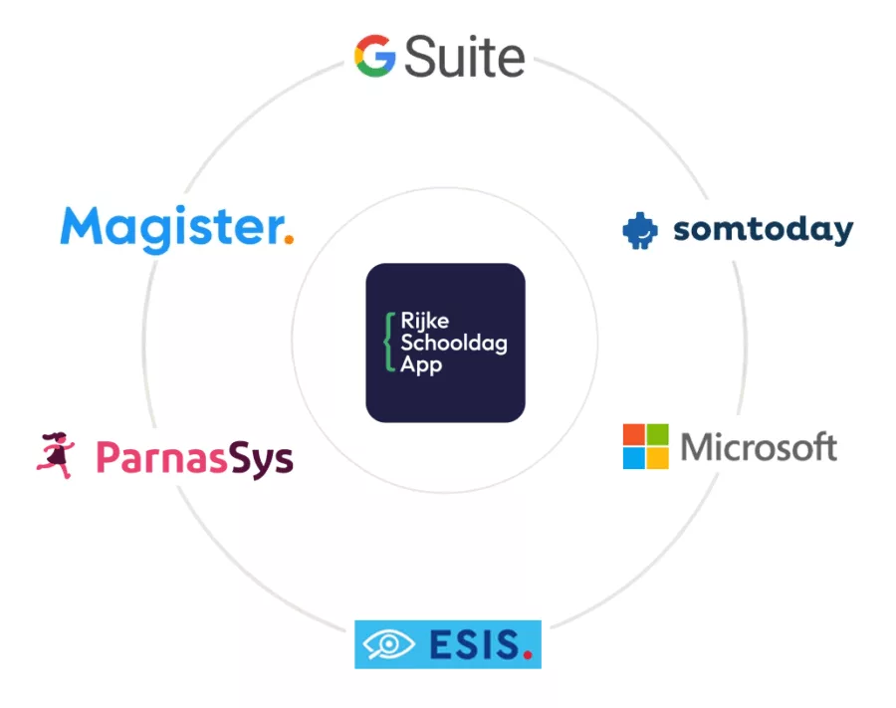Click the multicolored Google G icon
click(x=375, y=56)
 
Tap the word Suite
click(x=465, y=56)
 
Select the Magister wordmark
click(x=172, y=229)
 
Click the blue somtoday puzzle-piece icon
click(x=640, y=231)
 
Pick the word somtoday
click(x=764, y=230)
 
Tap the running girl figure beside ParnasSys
click(x=56, y=455)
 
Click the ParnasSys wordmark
click(x=194, y=458)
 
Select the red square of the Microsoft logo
click(x=634, y=434)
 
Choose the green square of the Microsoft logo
click(x=658, y=434)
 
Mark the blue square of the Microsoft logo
click(x=634, y=458)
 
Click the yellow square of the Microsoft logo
click(x=658, y=458)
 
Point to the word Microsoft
click(x=760, y=447)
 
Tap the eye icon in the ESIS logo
click(x=388, y=644)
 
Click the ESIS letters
click(x=475, y=644)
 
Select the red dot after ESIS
click(x=528, y=655)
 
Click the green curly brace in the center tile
click(x=389, y=343)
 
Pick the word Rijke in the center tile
click(x=424, y=322)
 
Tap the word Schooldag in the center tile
click(x=454, y=343)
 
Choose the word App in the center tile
click(x=421, y=364)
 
